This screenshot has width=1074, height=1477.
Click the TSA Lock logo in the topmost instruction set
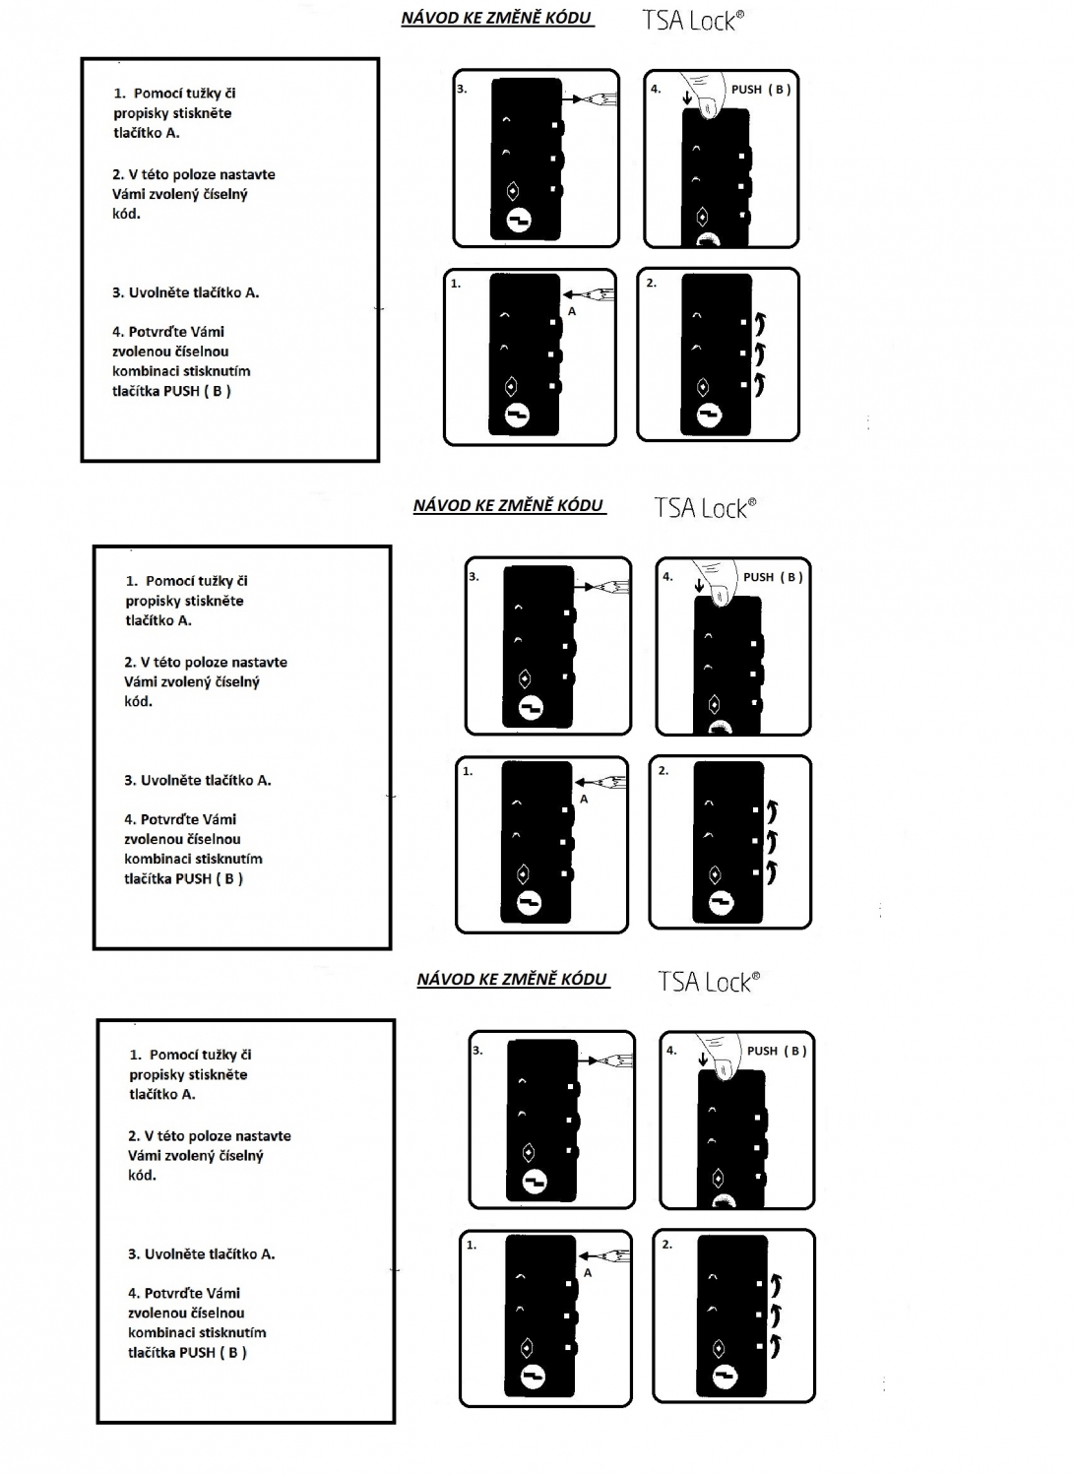693,21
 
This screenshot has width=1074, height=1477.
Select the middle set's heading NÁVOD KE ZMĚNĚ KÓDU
508,506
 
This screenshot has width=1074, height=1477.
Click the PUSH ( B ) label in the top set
761,89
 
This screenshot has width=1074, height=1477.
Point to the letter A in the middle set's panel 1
584,800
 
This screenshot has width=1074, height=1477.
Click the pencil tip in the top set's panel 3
576,99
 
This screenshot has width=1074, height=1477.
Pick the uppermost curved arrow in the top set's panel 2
760,323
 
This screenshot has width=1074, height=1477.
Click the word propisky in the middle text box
151,602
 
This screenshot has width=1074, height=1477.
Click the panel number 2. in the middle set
663,770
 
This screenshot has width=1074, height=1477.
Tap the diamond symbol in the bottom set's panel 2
718,1348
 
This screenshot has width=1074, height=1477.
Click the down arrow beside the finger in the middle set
700,585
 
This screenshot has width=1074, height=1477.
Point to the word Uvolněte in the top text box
156,292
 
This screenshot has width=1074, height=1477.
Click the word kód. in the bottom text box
142,1175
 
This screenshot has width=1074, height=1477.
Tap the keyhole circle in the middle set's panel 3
531,708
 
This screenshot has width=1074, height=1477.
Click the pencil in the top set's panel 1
590,294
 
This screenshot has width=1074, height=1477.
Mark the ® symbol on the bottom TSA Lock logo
756,976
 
